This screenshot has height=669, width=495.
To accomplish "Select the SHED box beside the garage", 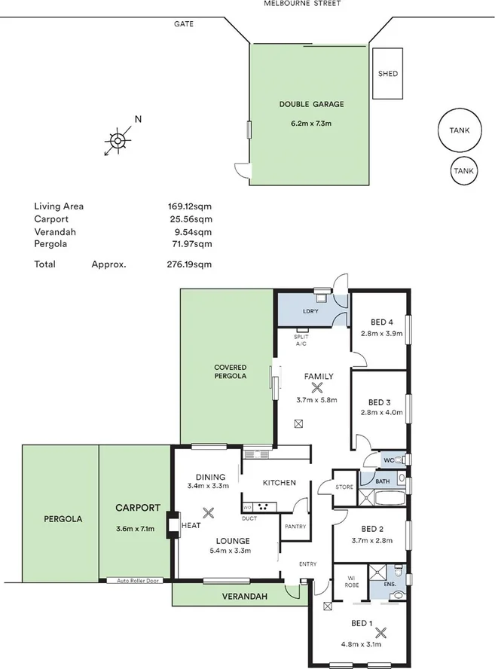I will coord(388,74).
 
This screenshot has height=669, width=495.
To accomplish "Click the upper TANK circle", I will coord(459,130).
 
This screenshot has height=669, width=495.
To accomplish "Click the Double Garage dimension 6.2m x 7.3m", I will coord(311,123).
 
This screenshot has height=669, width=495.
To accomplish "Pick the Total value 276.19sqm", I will coord(189,264).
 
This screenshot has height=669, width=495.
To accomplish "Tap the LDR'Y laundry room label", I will coord(310,311).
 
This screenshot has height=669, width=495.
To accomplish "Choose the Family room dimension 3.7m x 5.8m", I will coord(317,400).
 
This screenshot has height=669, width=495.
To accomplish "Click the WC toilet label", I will coord(389,459).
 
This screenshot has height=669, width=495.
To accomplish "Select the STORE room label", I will coord(344,487).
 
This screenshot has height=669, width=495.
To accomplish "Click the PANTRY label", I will coord(295,527).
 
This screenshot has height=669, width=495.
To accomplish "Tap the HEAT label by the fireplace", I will coord(191,526).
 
